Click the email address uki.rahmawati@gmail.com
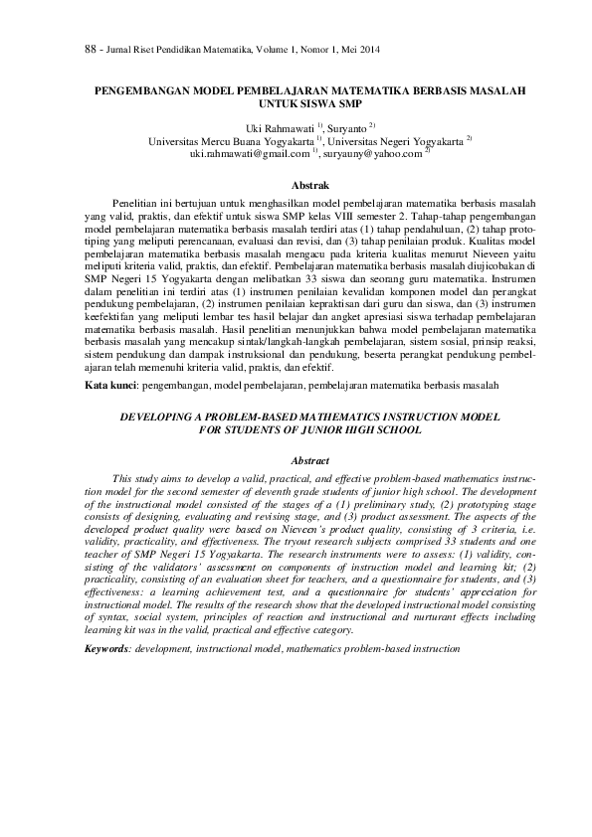tap(250, 154)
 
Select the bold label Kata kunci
tap(108, 383)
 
